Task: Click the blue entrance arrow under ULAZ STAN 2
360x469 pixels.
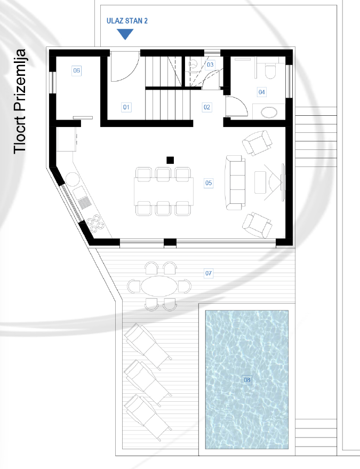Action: pos(125,34)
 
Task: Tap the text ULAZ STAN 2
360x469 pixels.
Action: pos(127,20)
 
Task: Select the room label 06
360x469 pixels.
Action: pos(76,70)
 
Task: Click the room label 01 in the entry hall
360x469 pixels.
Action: pos(126,107)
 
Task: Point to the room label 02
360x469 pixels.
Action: pos(207,107)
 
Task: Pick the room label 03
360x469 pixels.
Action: pos(210,65)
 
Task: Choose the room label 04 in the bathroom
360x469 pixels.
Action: pos(261,92)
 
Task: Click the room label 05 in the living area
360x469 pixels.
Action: pos(209,183)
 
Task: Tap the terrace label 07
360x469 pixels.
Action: pos(209,273)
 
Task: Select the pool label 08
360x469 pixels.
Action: pos(247,380)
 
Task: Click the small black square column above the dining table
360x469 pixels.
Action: pos(170,160)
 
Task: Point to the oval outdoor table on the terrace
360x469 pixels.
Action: pos(158,285)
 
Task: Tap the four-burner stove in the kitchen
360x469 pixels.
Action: pos(94,221)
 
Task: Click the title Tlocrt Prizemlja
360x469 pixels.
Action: pos(20,101)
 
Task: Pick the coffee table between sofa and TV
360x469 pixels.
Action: pos(261,182)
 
